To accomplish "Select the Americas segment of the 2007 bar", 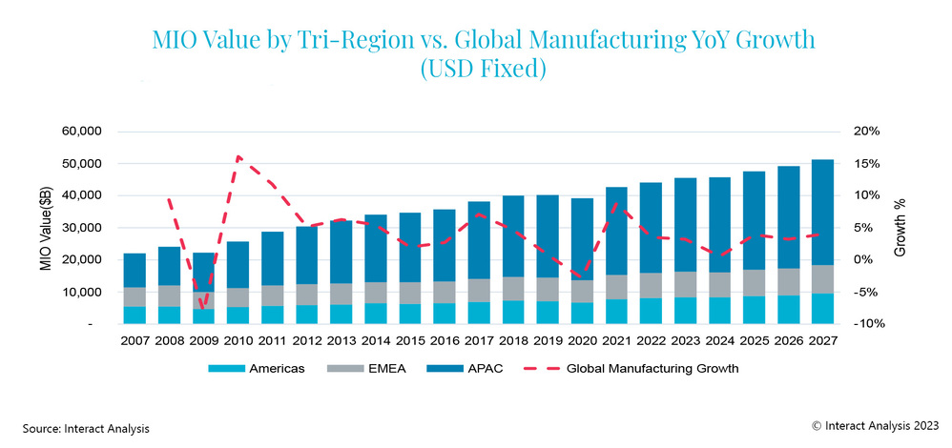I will (x=135, y=315).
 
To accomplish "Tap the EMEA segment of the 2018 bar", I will (x=513, y=289).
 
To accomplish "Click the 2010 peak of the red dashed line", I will (x=238, y=156).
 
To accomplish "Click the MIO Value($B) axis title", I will (x=45, y=227).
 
